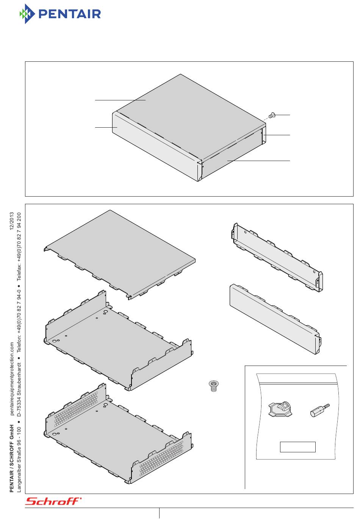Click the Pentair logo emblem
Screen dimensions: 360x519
27,14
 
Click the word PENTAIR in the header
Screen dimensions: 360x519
70,14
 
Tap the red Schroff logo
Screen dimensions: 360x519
53,501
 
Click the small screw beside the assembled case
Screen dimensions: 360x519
271,115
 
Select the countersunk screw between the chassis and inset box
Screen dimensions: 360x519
213,386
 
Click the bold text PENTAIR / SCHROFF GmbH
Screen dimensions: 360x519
12,458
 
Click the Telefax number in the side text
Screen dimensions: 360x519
19,247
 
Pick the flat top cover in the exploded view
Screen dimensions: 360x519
119,254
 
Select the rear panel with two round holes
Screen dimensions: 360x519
277,257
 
